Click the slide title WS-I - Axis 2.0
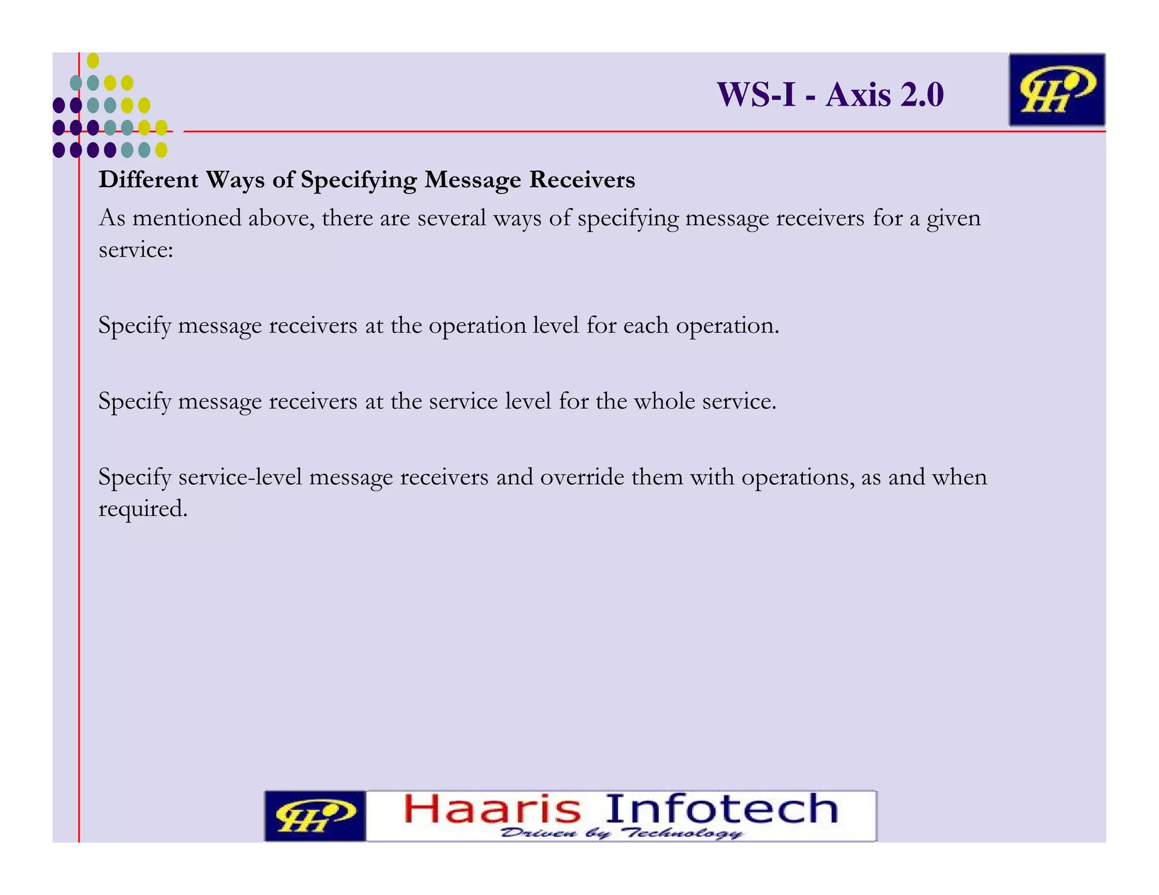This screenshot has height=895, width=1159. [830, 94]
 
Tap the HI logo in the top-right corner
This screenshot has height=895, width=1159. [1056, 90]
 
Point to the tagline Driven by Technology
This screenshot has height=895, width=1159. [621, 833]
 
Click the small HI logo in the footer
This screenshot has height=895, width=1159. [315, 816]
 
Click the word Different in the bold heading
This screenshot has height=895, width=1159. [149, 180]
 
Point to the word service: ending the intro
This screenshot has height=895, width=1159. [136, 249]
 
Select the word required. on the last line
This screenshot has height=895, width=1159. [143, 509]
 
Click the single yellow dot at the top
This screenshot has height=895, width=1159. [93, 60]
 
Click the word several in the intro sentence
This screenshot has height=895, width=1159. [452, 218]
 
